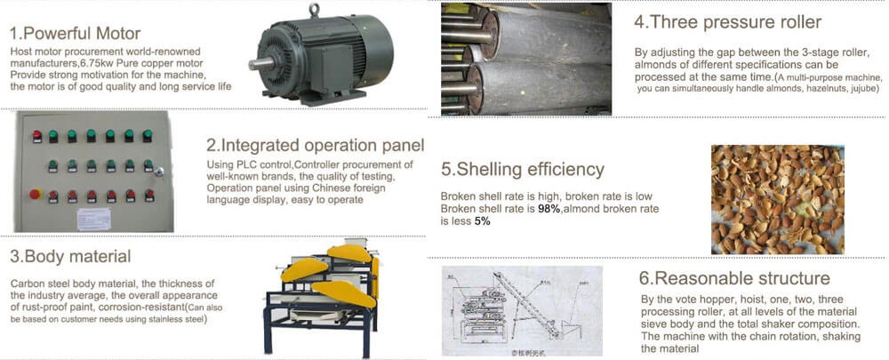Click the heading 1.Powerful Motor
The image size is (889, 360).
(75, 34)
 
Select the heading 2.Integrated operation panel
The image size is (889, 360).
(315, 145)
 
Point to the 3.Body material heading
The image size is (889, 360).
(71, 257)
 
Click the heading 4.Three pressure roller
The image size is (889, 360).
(727, 21)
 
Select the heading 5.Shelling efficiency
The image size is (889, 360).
(522, 169)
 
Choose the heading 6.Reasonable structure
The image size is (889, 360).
(734, 278)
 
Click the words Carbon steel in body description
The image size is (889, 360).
(37, 283)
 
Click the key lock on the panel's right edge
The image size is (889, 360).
(159, 171)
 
